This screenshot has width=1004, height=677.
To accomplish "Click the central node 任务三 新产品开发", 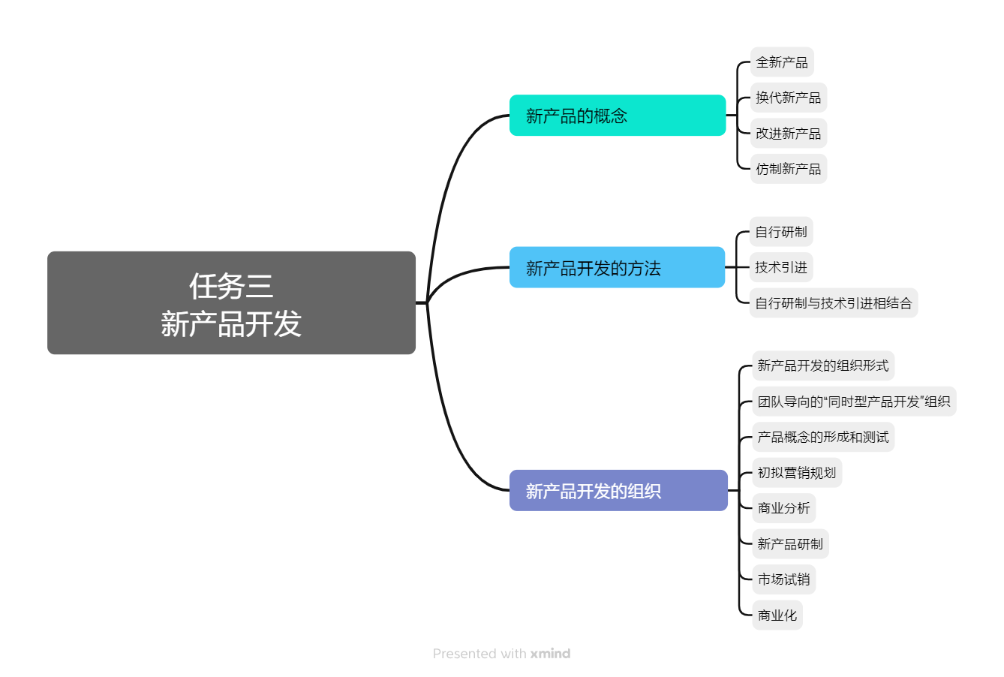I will pyautogui.click(x=231, y=303).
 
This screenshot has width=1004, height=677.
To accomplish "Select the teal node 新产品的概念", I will pyautogui.click(x=617, y=116).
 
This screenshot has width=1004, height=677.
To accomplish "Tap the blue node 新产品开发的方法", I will pyautogui.click(x=617, y=268).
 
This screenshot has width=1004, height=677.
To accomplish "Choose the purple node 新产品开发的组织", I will pyautogui.click(x=618, y=491).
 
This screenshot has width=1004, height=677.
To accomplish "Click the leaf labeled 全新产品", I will pyautogui.click(x=782, y=62).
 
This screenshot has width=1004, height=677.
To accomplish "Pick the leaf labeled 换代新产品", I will pyautogui.click(x=788, y=98).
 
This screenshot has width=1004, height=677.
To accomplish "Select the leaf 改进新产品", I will pyautogui.click(x=788, y=134).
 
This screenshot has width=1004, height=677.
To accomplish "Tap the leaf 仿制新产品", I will pyautogui.click(x=788, y=169).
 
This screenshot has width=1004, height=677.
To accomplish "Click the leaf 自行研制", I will pyautogui.click(x=781, y=232).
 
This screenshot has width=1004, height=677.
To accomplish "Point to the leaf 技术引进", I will pyautogui.click(x=781, y=267).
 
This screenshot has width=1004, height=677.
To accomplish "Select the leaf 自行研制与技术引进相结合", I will pyautogui.click(x=833, y=303).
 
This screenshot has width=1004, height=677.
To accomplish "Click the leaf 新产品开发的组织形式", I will pyautogui.click(x=822, y=366).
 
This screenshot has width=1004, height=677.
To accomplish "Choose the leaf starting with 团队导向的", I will pyautogui.click(x=853, y=402).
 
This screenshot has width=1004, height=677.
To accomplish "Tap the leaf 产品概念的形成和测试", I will pyautogui.click(x=822, y=437).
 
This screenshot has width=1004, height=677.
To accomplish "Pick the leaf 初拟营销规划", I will pyautogui.click(x=796, y=473).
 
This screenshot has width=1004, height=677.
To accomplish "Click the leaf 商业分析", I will pyautogui.click(x=783, y=508).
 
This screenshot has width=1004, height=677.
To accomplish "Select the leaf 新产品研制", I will pyautogui.click(x=789, y=544).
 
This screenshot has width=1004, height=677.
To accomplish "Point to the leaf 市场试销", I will pyautogui.click(x=783, y=579).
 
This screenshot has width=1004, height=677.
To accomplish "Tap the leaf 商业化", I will pyautogui.click(x=777, y=615).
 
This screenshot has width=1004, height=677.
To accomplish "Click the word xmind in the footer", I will pyautogui.click(x=550, y=654).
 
